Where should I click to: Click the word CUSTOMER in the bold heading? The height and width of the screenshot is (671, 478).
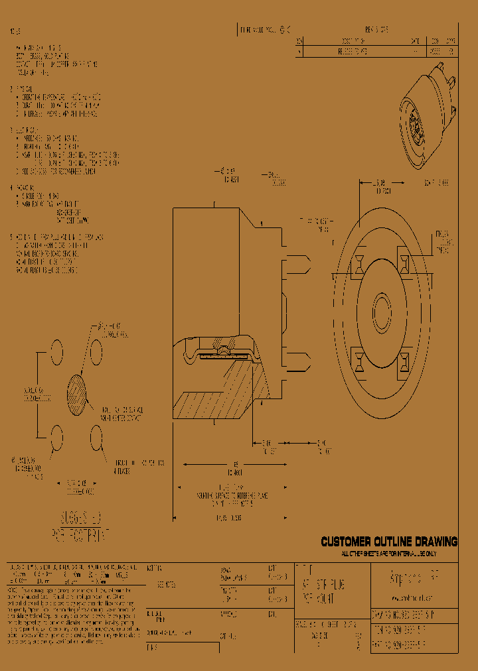[347, 542]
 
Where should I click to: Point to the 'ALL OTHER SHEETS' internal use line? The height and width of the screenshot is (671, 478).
[389, 552]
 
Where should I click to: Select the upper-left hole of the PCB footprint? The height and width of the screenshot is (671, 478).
[57, 349]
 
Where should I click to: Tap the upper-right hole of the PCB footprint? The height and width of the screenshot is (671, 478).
[96, 349]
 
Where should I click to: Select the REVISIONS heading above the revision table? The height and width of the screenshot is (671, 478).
[376, 30]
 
